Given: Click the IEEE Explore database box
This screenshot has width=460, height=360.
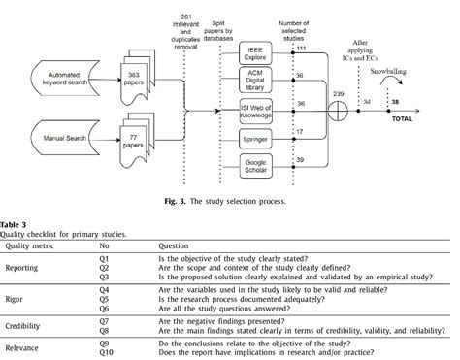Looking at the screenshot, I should pos(254,49).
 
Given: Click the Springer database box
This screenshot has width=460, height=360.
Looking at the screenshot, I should pos(254,140).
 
